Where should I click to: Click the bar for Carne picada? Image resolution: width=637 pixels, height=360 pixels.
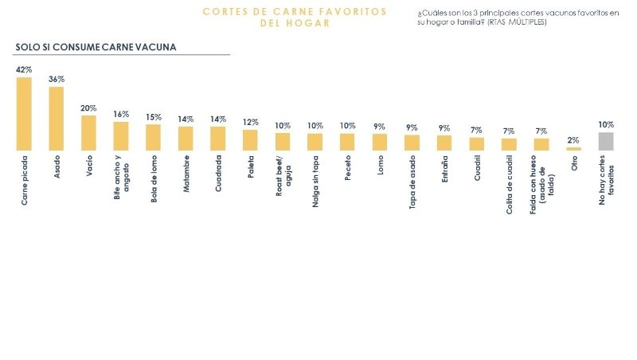coord(25,113)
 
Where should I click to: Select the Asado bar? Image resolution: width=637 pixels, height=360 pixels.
coord(57,118)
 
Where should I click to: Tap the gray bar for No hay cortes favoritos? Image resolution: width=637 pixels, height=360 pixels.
coord(606,141)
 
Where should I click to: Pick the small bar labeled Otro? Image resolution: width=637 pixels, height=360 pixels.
coord(573,148)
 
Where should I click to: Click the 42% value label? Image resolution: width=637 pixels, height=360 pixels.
coord(25,70)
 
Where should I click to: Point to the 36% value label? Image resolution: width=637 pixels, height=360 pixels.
coord(57,80)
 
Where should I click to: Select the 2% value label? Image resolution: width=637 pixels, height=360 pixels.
coord(573,140)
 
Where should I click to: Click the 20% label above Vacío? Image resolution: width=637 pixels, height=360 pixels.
coord(88,108)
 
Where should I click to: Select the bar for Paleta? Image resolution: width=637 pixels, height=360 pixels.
coord(250,140)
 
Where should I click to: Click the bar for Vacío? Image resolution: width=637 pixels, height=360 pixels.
coord(88,133)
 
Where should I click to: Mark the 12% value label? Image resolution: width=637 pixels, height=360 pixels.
coord(250,123)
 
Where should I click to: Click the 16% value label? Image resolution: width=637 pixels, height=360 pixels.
coord(121,115)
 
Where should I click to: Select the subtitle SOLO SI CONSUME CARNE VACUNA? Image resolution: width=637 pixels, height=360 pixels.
coord(96,47)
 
